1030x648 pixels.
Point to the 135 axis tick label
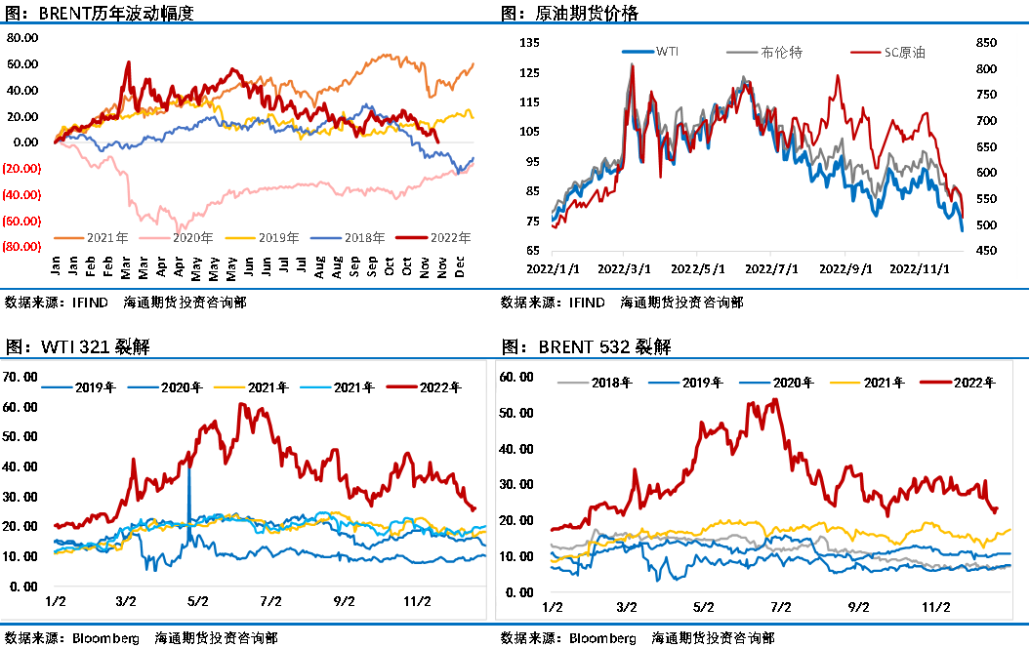530,43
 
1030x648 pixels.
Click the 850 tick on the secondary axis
984,43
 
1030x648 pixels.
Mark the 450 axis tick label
984,251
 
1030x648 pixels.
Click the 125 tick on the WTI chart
530,73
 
